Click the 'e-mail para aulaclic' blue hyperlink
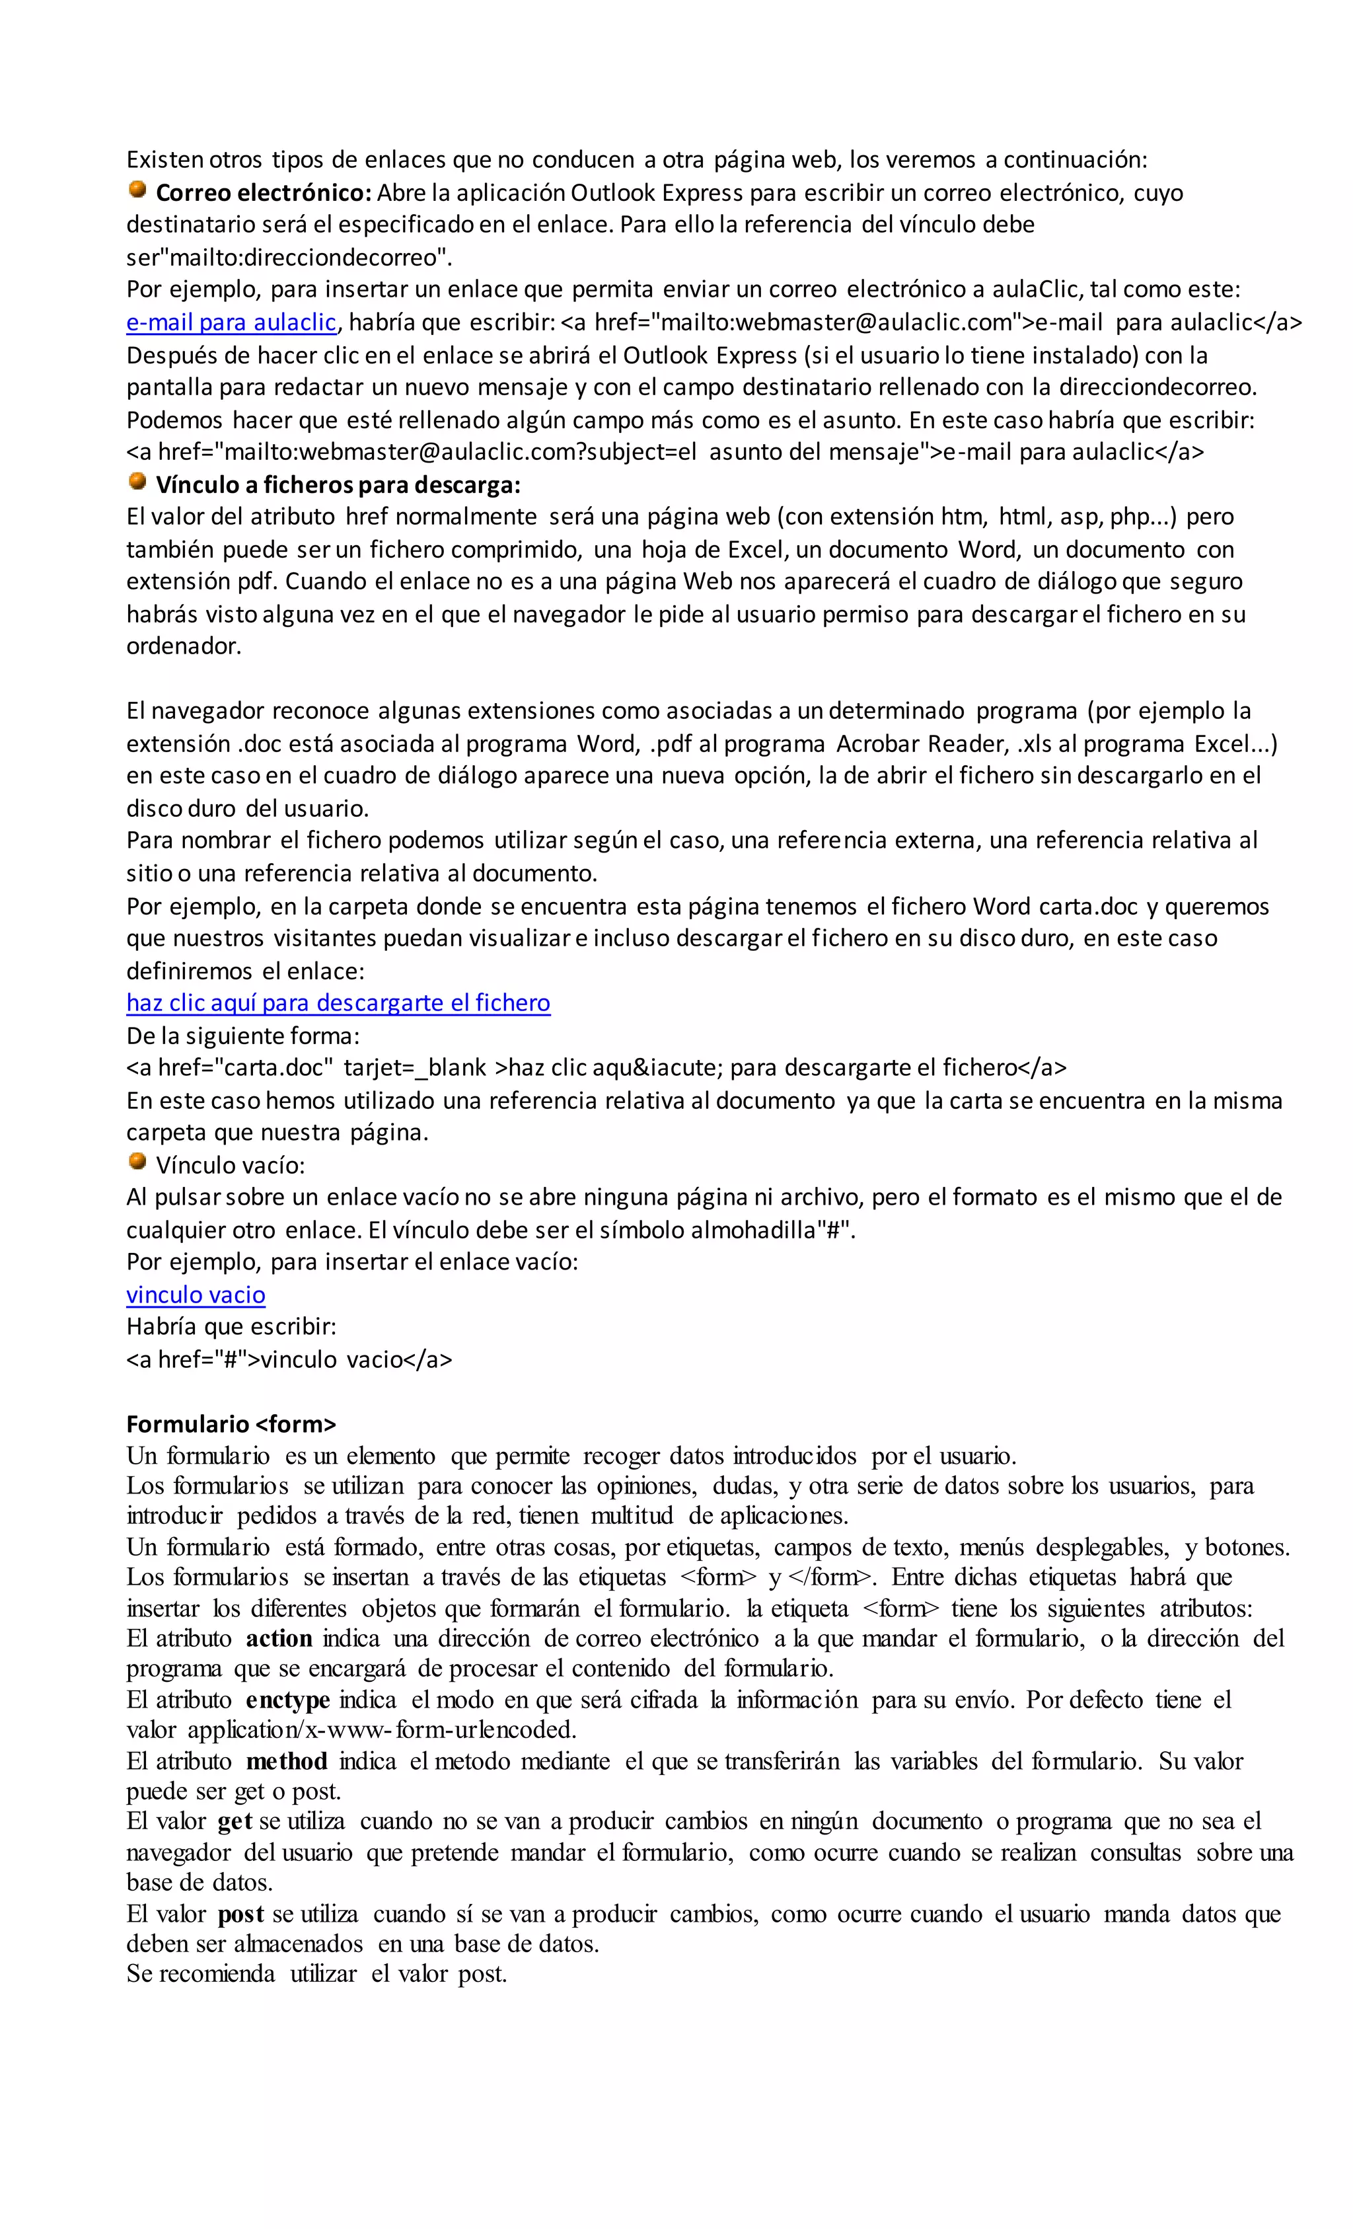pyautogui.click(x=231, y=322)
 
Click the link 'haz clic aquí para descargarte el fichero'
pyautogui.click(x=338, y=1002)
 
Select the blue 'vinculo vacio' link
pyautogui.click(x=196, y=1295)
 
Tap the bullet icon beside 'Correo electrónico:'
pyautogui.click(x=137, y=190)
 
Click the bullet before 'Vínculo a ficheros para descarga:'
pyautogui.click(x=137, y=482)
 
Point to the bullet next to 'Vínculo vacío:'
pyautogui.click(x=137, y=1162)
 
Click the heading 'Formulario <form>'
pyautogui.click(x=231, y=1424)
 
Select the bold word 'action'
pyautogui.click(x=279, y=1638)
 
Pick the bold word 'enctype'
pyautogui.click(x=287, y=1700)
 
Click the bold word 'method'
pyautogui.click(x=286, y=1761)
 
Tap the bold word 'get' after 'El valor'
pyautogui.click(x=235, y=1821)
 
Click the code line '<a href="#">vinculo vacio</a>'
pyautogui.click(x=289, y=1359)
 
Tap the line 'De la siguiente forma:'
pyautogui.click(x=242, y=1035)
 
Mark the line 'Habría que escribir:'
pyautogui.click(x=231, y=1326)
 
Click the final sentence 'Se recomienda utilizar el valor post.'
pyautogui.click(x=316, y=1974)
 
